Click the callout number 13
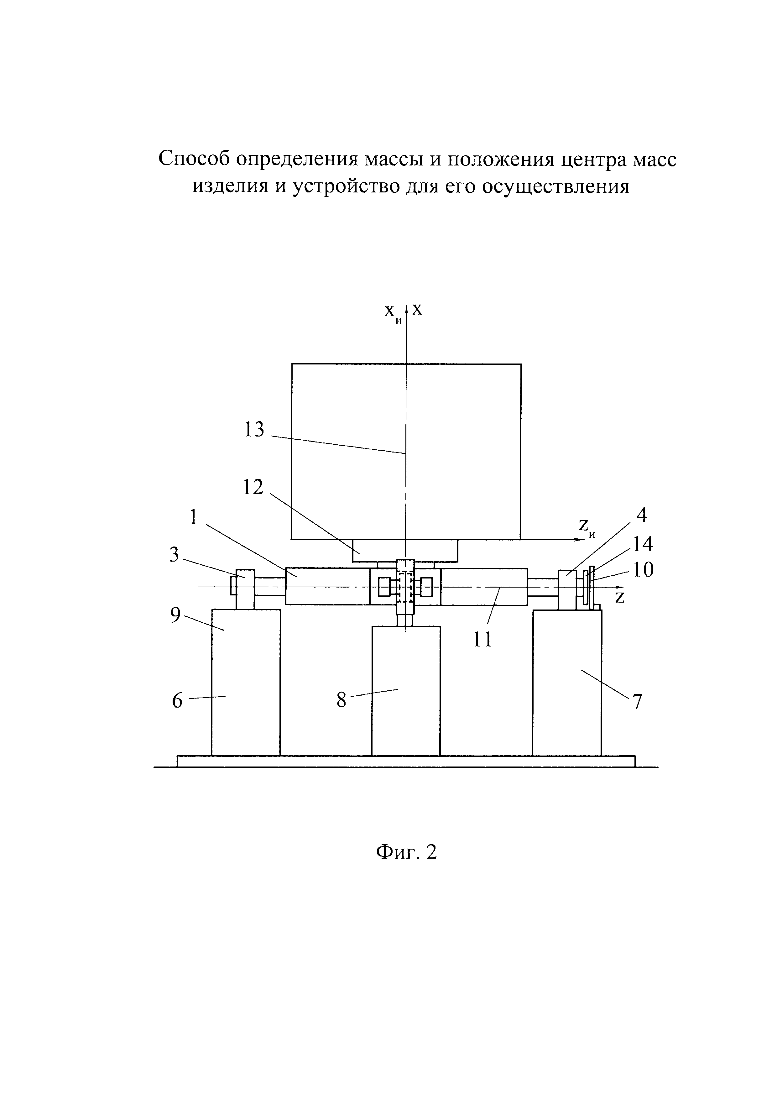(x=254, y=430)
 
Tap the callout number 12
(x=253, y=487)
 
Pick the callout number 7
(x=637, y=702)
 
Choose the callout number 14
(x=643, y=544)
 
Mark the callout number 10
(x=644, y=570)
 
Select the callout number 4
(x=642, y=515)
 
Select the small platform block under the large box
(x=405, y=551)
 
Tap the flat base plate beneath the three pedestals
(x=406, y=761)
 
